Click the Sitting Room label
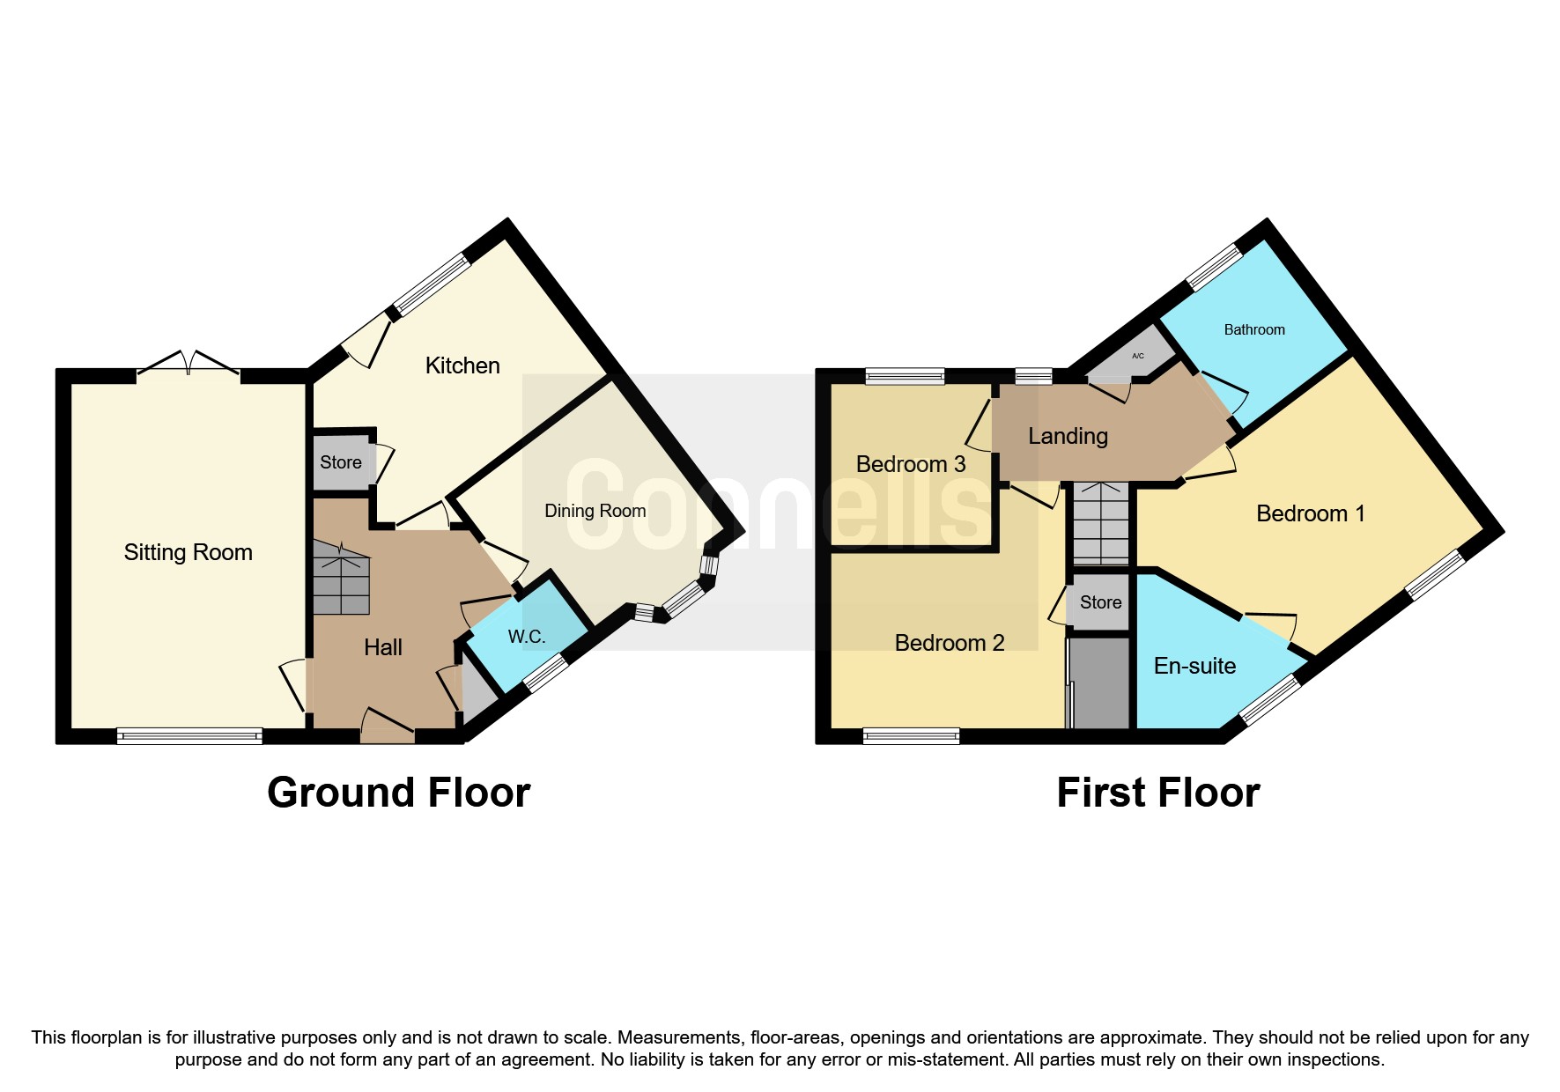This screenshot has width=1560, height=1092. tap(188, 552)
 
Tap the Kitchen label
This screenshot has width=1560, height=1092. tap(462, 365)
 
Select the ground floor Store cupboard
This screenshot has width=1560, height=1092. tap(342, 462)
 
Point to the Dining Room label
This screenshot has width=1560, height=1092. tap(595, 511)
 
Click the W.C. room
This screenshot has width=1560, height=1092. tap(528, 636)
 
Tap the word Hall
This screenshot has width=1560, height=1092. tap(383, 647)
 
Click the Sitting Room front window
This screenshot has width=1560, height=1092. tap(189, 736)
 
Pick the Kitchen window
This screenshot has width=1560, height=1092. tap(432, 285)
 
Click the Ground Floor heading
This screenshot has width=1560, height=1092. tap(399, 793)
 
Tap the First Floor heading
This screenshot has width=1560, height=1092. tap(1158, 793)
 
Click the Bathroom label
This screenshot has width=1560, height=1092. tap(1254, 329)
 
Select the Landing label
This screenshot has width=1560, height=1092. tap(1068, 436)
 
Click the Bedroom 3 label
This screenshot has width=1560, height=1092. tap(911, 464)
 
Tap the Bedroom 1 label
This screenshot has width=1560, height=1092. tap(1311, 513)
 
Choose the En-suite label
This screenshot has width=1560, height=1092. tap(1194, 666)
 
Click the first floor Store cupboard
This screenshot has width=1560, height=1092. tap(1099, 602)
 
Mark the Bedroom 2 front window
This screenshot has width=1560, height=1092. tap(911, 736)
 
